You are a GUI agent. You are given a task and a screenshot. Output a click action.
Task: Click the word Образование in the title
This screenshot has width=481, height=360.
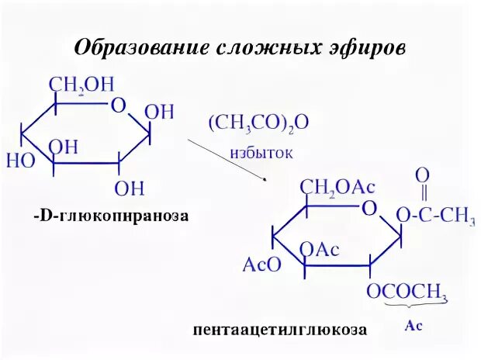pyautogui.click(x=135, y=47)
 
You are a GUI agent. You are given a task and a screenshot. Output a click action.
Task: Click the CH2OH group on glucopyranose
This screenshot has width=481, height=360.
pyautogui.click(x=80, y=84)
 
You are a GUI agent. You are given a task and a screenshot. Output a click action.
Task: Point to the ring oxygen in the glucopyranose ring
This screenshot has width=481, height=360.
pyautogui.click(x=118, y=106)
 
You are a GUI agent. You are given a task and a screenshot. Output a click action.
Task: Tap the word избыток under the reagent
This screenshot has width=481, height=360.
pyautogui.click(x=261, y=152)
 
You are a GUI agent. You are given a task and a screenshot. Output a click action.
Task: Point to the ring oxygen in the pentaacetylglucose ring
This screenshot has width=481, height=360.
pyautogui.click(x=369, y=208)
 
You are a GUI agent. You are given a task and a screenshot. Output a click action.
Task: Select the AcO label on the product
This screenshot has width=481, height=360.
pyautogui.click(x=264, y=265)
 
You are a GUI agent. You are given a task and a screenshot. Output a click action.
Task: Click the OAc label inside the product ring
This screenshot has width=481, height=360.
pyautogui.click(x=319, y=250)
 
